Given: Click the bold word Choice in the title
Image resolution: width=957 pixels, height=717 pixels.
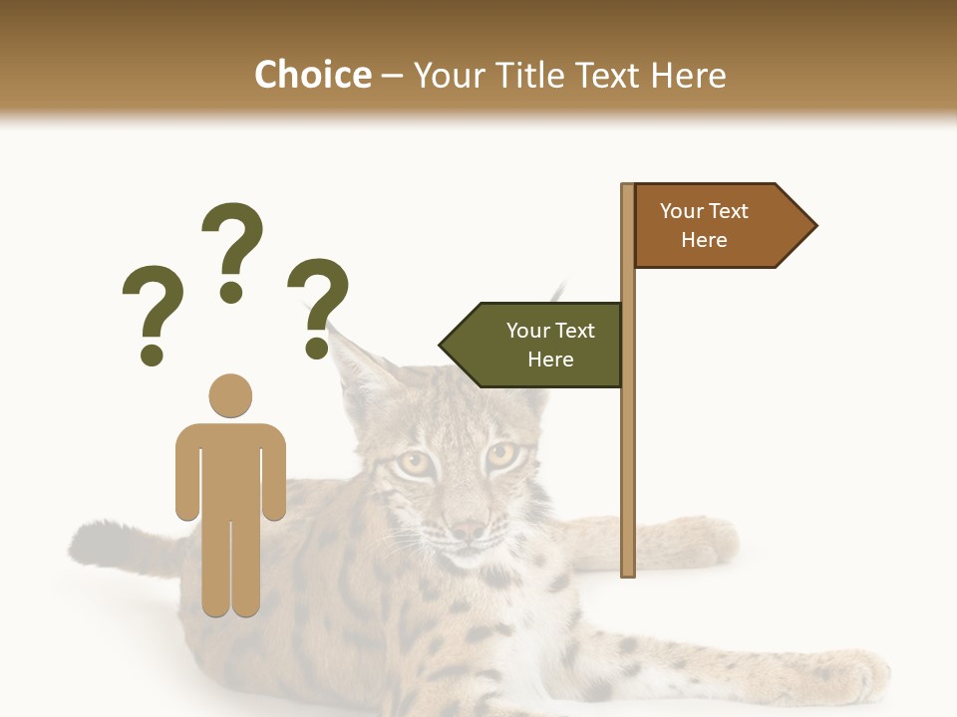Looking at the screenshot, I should pos(312,75).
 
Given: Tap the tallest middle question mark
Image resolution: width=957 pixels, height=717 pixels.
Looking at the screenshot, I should pos(232,249).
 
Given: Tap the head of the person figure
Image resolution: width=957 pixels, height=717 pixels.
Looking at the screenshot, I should pos(230,395).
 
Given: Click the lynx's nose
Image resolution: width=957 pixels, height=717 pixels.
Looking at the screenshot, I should pos(467,531).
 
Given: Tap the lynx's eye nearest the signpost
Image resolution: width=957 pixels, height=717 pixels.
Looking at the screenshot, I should pos(500,456).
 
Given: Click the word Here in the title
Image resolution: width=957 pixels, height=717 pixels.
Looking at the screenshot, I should pos(689,75).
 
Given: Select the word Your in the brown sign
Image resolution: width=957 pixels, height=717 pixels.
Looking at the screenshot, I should pos(682,211).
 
